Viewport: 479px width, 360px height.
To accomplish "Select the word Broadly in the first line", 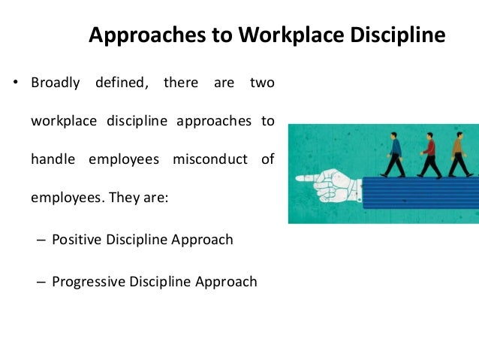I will coord(56,83).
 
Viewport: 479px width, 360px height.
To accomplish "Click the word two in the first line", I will coord(262,83).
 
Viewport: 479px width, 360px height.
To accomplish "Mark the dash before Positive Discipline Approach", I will coord(41,241).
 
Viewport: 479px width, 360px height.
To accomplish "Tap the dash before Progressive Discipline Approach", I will coord(41,283).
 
